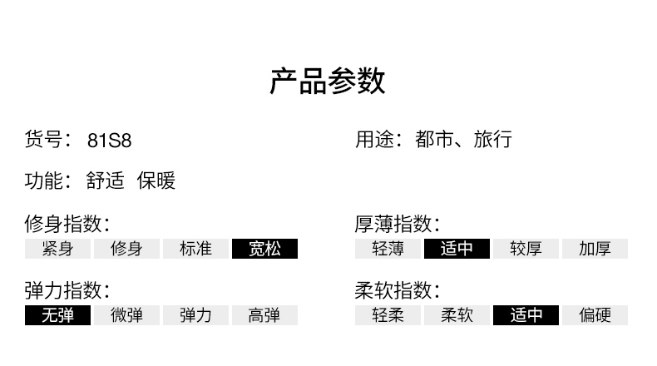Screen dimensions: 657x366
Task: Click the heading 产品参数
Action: pos(328,82)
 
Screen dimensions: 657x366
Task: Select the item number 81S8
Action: pos(109,140)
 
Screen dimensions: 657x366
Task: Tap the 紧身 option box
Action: pos(57,249)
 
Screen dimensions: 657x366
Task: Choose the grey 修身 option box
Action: pos(126,249)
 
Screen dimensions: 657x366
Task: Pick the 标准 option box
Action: pos(195,249)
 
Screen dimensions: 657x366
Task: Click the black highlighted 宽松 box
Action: pos(264,249)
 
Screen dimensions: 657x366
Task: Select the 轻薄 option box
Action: pos(388,249)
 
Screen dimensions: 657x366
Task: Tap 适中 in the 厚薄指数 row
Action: pos(457,249)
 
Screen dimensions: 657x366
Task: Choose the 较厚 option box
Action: pos(526,249)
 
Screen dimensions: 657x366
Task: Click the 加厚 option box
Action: pos(595,249)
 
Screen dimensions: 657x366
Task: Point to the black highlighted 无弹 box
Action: pos(57,315)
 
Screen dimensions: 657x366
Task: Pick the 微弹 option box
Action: pos(126,315)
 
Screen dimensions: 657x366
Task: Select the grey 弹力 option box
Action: pos(195,315)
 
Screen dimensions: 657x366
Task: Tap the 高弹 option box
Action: pos(264,315)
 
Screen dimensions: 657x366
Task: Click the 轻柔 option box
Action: pos(388,315)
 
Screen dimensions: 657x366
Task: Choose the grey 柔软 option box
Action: pos(457,315)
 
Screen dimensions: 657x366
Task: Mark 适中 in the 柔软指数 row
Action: pos(526,315)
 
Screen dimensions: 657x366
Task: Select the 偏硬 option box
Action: pos(595,315)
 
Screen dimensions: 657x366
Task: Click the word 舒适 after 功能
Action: pos(106,181)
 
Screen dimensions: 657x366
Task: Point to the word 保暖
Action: pos(156,181)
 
